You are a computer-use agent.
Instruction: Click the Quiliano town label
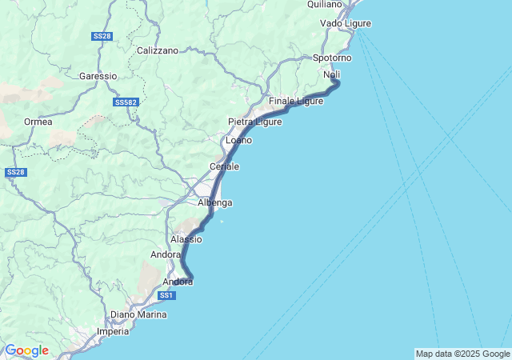click(324, 5)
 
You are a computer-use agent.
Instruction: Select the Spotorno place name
click(332, 58)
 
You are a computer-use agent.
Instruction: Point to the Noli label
click(332, 74)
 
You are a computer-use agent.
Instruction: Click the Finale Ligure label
click(296, 101)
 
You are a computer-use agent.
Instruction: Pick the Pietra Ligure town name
click(255, 122)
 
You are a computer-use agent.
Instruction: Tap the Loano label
click(238, 140)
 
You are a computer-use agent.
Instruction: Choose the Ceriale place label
click(224, 166)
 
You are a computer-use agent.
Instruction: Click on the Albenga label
click(214, 203)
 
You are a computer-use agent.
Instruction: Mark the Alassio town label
click(186, 239)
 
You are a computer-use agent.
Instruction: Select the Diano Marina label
click(139, 314)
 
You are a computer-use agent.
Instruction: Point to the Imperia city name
click(112, 331)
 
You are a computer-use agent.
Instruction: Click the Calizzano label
click(158, 50)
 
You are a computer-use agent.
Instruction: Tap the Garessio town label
click(98, 76)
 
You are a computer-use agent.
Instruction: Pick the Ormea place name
click(38, 122)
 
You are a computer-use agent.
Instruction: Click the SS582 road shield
click(126, 102)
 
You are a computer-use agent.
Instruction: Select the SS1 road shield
click(166, 296)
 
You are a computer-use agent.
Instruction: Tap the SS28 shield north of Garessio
click(102, 37)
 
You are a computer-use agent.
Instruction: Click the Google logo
click(26, 350)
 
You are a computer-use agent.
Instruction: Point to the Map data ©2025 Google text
click(462, 354)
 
